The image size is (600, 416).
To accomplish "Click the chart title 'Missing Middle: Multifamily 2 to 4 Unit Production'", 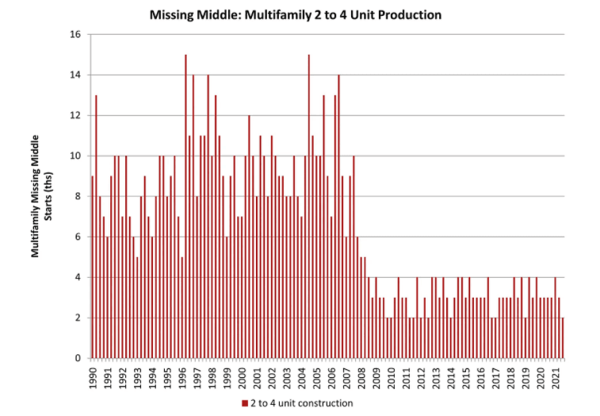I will pyautogui.click(x=295, y=14).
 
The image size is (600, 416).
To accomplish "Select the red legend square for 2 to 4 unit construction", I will pyautogui.click(x=244, y=404).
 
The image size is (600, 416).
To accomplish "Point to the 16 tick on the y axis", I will pyautogui.click(x=76, y=35).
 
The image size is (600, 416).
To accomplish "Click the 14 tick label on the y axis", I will pyautogui.click(x=76, y=75).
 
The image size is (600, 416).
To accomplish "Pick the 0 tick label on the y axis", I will pyautogui.click(x=78, y=358).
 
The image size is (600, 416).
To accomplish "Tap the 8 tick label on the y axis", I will pyautogui.click(x=78, y=197).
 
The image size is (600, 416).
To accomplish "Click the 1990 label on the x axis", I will pyautogui.click(x=94, y=378).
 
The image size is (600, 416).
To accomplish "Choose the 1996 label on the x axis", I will pyautogui.click(x=183, y=378).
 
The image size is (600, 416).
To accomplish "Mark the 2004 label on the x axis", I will pyautogui.click(x=302, y=378).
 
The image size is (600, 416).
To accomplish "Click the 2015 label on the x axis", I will pyautogui.click(x=466, y=378).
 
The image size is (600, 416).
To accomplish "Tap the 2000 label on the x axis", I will pyautogui.click(x=243, y=378).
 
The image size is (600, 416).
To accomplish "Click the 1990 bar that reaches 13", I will pyautogui.click(x=96, y=226).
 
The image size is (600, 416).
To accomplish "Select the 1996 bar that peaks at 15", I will pyautogui.click(x=185, y=206).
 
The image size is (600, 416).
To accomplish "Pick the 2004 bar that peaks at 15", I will pyautogui.click(x=308, y=206).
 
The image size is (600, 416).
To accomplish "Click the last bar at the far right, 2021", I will pyautogui.click(x=562, y=337).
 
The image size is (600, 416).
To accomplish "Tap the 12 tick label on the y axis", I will pyautogui.click(x=76, y=116).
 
